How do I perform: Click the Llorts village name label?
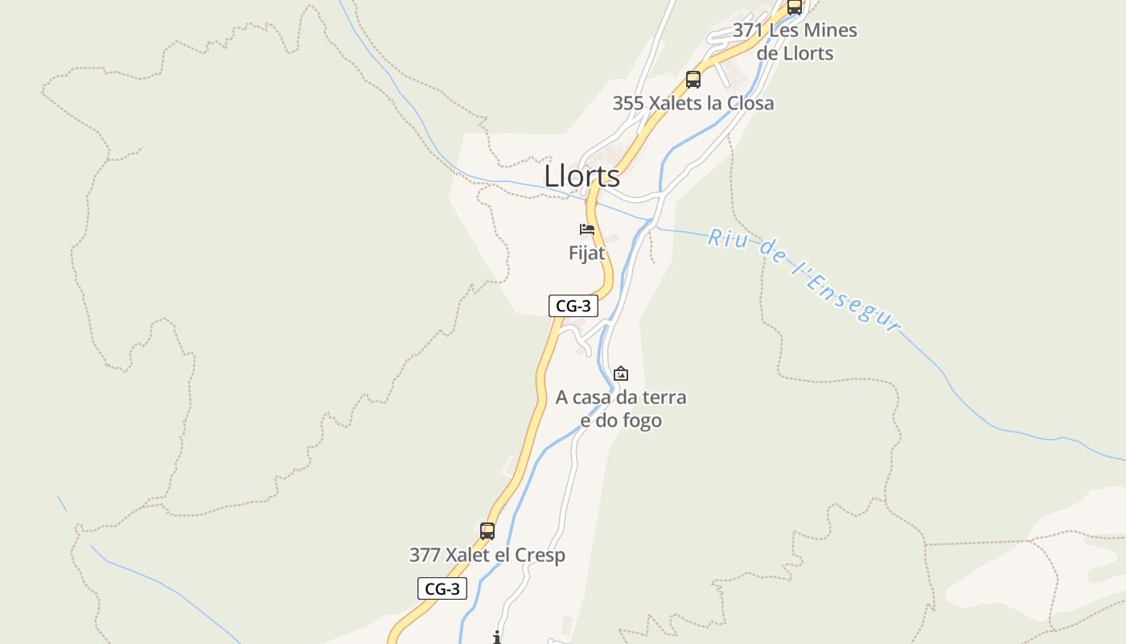[x=582, y=176]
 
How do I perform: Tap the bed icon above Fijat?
[x=587, y=230]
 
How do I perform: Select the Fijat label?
[x=586, y=253]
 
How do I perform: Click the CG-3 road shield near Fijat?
[x=573, y=306]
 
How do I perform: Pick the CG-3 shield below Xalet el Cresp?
[x=442, y=588]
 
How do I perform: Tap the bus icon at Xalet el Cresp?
[x=487, y=531]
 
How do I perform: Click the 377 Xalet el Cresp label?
[x=487, y=555]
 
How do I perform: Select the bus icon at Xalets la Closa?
[x=693, y=80]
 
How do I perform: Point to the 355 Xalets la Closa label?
[x=693, y=103]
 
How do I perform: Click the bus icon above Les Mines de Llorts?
[x=795, y=7]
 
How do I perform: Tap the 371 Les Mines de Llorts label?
[x=795, y=42]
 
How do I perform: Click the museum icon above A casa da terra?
[x=621, y=374]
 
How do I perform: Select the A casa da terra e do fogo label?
[x=621, y=409]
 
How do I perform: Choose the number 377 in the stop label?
[x=424, y=555]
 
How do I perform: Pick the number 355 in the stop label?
[x=627, y=103]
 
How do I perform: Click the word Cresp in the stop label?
[x=538, y=555]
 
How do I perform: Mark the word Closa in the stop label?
[x=748, y=103]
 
